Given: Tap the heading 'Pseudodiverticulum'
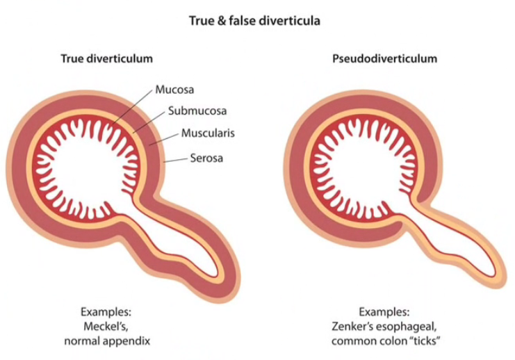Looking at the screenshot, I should click(x=384, y=59).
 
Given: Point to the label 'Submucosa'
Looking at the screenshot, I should click(x=190, y=111).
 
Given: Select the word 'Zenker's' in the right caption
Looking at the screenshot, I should click(x=354, y=327).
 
